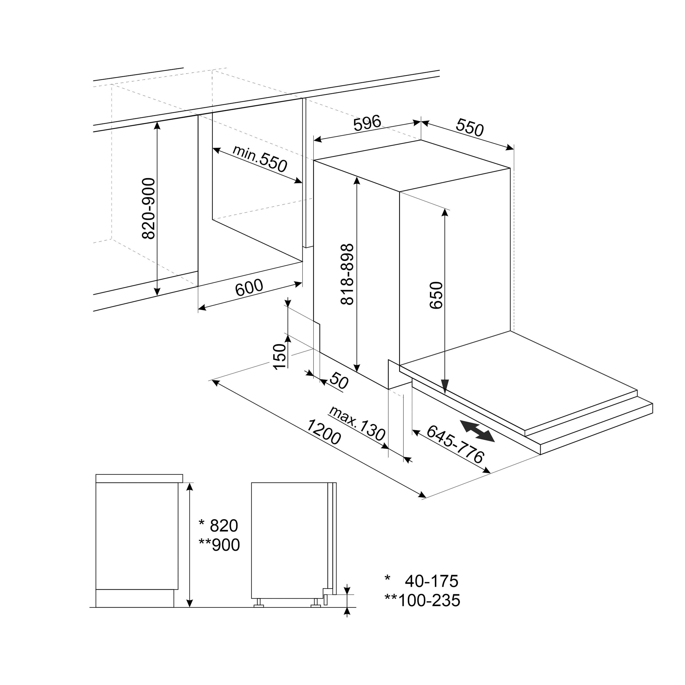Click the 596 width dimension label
367,123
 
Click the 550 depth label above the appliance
470,128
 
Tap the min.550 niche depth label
260,158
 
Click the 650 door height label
436,295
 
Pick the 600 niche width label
249,287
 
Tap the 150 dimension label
280,356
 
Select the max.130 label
357,424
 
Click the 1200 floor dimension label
323,432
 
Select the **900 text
219,545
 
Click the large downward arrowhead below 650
445,386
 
